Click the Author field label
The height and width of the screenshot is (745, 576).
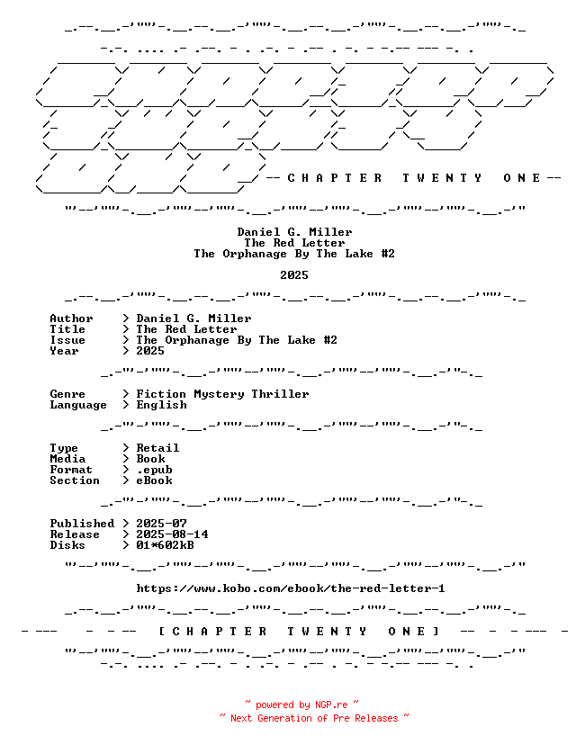coord(71,319)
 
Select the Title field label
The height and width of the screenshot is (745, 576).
coord(67,329)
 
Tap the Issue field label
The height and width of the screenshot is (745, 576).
coord(67,340)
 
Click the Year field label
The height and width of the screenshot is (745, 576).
coord(64,351)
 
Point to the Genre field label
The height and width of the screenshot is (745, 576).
coord(67,394)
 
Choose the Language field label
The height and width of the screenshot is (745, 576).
coord(78,405)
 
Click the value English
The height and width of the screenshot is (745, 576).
coord(162,405)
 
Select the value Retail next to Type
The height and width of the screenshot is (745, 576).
coord(157,448)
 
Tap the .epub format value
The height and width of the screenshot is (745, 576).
coord(155,470)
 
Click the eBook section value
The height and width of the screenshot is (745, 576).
coord(155,480)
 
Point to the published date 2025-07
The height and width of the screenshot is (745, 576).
coord(162,524)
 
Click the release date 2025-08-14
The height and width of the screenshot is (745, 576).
coord(172,534)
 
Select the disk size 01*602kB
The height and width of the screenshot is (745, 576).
coord(165,545)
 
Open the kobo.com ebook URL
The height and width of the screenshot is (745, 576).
coord(291,588)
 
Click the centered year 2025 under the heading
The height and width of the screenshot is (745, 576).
coord(294,275)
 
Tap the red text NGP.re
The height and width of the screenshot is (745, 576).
coord(331,705)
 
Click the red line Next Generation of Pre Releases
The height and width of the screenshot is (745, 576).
coord(314,718)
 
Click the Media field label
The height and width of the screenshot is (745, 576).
coord(67,459)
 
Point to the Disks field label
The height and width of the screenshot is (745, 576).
coord(67,545)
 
